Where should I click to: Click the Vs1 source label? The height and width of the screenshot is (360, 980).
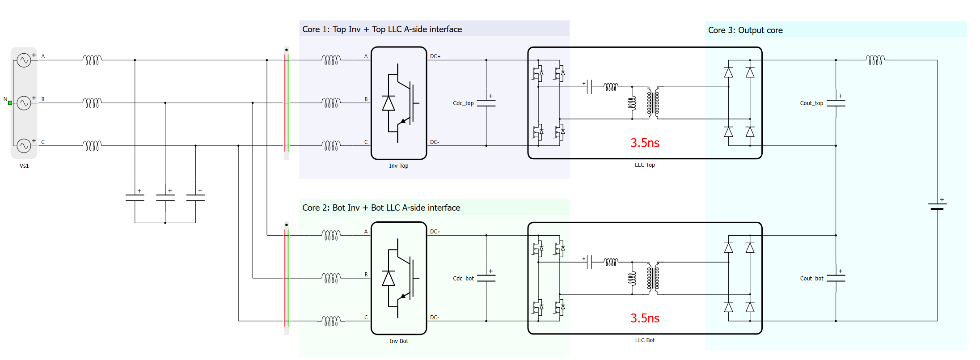pos(24,166)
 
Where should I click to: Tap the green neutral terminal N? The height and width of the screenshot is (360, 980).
pos(10,103)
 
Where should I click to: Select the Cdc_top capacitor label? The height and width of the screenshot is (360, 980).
pos(463,103)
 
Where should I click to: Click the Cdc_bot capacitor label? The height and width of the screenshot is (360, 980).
pos(463,279)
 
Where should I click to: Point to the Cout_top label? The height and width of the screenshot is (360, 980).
pos(811,103)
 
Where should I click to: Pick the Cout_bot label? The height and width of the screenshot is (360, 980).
pos(811,279)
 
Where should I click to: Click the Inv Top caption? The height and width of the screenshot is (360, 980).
pos(398,166)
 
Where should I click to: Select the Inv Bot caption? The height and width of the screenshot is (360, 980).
pos(398,341)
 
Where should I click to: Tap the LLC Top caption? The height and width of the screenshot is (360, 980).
pos(645,165)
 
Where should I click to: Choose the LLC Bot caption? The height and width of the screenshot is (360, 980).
pos(645,340)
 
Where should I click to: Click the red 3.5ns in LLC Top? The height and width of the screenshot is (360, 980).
pos(645,143)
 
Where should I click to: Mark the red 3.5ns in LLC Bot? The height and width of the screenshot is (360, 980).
pos(645,318)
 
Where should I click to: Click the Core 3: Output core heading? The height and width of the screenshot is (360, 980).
pos(745,30)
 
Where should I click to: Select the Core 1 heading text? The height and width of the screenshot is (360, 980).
pos(382,30)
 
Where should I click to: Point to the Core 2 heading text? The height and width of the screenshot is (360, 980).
pos(381,208)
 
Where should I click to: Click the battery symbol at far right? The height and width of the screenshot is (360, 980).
pos(937,207)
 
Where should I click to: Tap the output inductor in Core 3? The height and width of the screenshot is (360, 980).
pos(875,59)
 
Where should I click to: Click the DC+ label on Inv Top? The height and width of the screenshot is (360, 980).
pos(435,56)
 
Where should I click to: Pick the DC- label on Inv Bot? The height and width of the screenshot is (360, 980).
pos(435,318)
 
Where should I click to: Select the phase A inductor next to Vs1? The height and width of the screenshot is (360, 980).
pos(92,59)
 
